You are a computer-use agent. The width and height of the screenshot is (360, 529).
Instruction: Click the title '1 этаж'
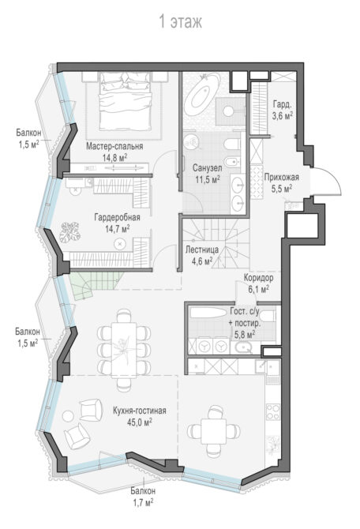click(181, 22)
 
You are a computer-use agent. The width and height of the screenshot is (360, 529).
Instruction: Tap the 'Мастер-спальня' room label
click(114, 146)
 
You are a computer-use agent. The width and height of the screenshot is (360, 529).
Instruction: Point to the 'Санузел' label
click(207, 167)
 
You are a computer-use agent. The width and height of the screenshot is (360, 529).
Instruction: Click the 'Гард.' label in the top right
click(282, 104)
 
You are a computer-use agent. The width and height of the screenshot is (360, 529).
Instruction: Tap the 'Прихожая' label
click(282, 177)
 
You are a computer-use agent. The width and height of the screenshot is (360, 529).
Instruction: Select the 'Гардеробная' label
click(117, 217)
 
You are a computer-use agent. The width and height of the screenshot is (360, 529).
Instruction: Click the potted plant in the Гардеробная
click(69, 232)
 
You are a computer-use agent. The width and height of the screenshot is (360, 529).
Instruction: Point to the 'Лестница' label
click(202, 250)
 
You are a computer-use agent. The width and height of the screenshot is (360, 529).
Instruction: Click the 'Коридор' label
click(258, 278)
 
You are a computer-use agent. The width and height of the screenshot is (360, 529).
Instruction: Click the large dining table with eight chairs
click(124, 349)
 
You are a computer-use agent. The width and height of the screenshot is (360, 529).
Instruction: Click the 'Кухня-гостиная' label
click(140, 411)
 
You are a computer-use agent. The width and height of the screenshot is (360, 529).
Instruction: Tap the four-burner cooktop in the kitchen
click(273, 411)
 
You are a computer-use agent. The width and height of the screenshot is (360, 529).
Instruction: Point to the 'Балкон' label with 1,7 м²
click(143, 491)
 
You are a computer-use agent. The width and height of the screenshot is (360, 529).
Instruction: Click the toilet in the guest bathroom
click(269, 316)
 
